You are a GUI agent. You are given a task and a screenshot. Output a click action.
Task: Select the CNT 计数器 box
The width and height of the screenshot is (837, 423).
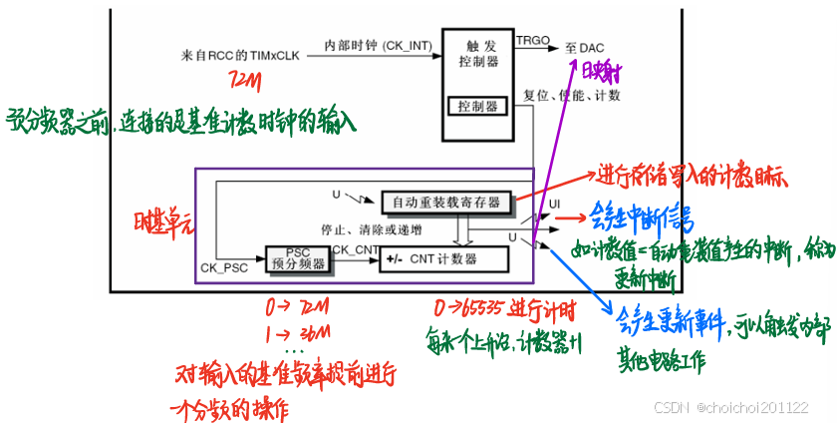coord(442,259)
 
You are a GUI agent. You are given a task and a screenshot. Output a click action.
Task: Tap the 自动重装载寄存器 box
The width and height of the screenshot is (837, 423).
coord(445,202)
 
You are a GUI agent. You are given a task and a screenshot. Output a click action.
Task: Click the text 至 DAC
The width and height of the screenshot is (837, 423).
coord(586,46)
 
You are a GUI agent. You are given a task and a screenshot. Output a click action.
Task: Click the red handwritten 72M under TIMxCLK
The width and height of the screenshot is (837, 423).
coord(245,81)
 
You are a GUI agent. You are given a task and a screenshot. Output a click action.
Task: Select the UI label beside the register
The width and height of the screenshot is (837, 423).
coord(555,205)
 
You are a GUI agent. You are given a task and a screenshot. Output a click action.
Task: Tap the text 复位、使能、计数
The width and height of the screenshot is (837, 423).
coord(580,96)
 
